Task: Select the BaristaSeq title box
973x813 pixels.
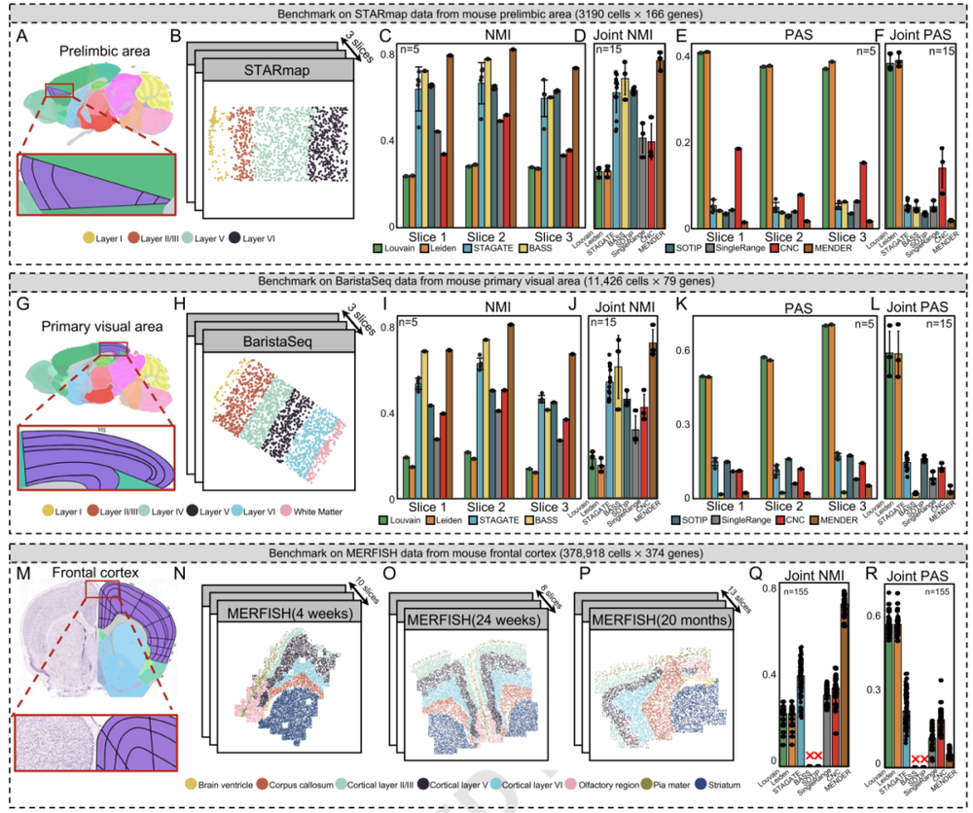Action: pyautogui.click(x=273, y=344)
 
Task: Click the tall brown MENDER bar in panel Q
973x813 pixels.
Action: pyautogui.click(x=844, y=681)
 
